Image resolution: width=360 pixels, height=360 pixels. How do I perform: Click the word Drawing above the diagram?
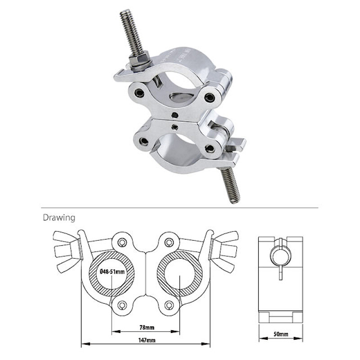click(x=58, y=218)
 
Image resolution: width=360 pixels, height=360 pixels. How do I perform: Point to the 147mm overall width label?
click(x=145, y=340)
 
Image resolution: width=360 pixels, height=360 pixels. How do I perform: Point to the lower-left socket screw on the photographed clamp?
click(x=144, y=142)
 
